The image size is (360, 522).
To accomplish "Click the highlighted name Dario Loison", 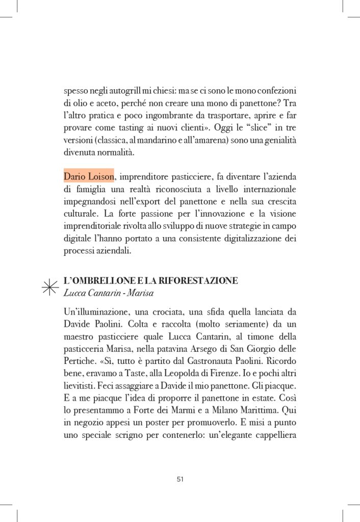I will click(x=89, y=177).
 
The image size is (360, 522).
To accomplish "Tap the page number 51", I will click(x=180, y=479).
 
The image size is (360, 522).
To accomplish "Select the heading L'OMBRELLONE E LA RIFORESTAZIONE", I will click(x=151, y=281).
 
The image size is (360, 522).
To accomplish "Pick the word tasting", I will click(x=142, y=127).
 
